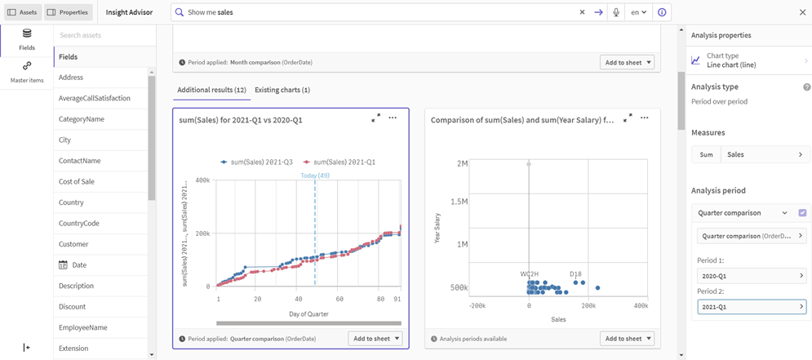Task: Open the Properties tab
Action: (x=68, y=12)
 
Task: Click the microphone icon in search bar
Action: (x=616, y=12)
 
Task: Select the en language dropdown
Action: (x=638, y=12)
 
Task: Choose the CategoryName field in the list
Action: (x=82, y=119)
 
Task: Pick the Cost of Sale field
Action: (x=77, y=181)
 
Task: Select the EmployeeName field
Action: (x=83, y=327)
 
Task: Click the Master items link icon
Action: (x=27, y=66)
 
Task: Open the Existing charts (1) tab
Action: (x=282, y=90)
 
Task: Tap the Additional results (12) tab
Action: (x=211, y=90)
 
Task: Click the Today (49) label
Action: (x=315, y=176)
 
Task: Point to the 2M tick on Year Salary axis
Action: (x=461, y=164)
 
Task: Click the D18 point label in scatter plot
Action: (x=575, y=274)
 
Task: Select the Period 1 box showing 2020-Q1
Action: (x=752, y=276)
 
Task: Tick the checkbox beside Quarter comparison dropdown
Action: (x=802, y=213)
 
